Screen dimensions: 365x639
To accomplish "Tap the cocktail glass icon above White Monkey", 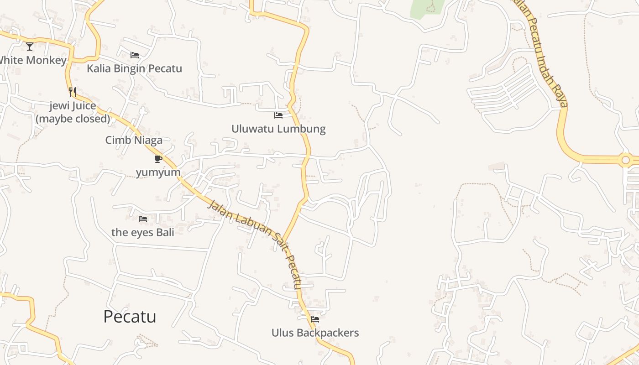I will [30, 46].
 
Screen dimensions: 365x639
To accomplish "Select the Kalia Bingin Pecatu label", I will [134, 68].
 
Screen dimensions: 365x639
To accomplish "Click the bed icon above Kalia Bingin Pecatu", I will [135, 55].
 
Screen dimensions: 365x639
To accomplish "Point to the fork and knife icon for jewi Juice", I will [72, 92].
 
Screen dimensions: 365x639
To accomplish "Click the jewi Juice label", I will [73, 106].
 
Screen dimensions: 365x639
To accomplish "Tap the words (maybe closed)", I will [73, 119].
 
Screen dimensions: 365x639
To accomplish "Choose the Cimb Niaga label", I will [134, 140].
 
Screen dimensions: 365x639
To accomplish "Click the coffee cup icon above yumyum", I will [158, 159].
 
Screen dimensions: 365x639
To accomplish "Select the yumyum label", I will [158, 172].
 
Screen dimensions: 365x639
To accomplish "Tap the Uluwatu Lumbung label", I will [278, 129].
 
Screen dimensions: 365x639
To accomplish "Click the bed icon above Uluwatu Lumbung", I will [278, 115].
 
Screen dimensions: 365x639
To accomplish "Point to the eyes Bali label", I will [143, 232].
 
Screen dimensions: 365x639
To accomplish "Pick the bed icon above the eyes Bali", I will [143, 219].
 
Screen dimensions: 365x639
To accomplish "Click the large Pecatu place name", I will [130, 317].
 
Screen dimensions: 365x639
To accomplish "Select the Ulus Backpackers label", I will [315, 333].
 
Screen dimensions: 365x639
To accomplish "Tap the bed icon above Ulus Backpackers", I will [315, 319].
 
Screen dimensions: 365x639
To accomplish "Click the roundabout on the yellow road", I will [625, 160].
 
